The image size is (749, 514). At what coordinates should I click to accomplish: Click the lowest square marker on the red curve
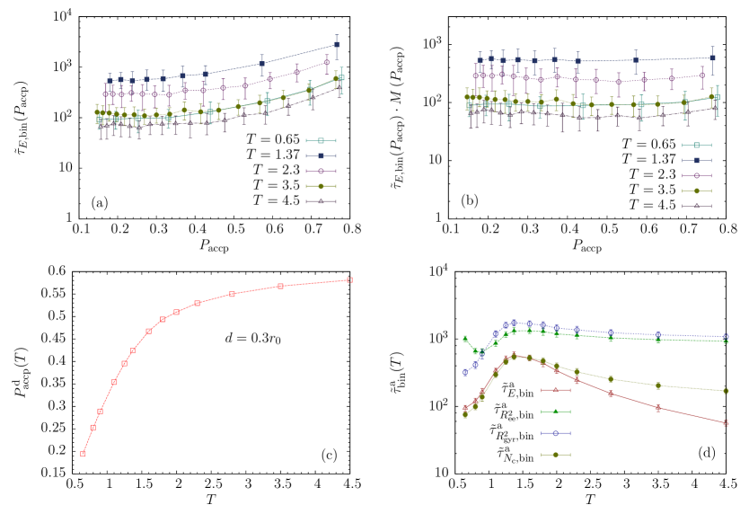point(83,454)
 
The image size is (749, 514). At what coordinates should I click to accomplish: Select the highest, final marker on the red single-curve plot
point(349,280)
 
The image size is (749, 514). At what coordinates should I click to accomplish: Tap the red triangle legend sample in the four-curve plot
point(556,390)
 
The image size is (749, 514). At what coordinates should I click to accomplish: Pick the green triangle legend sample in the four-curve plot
point(556,412)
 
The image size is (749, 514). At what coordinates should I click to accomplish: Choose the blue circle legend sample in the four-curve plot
point(556,433)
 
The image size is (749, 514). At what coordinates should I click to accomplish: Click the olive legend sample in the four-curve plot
point(556,455)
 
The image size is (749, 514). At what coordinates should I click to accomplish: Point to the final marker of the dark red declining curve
point(725,422)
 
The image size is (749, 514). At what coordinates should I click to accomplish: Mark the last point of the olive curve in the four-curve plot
point(725,391)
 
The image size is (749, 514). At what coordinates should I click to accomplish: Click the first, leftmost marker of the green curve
point(465,339)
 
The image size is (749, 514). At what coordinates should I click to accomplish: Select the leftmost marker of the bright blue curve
point(465,372)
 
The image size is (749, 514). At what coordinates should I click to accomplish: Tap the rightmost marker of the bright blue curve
point(725,337)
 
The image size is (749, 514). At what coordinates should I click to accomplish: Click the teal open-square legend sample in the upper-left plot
point(321,140)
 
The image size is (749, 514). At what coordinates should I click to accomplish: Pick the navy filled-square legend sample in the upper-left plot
point(321,155)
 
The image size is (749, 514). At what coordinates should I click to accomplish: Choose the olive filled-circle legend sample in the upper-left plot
point(321,186)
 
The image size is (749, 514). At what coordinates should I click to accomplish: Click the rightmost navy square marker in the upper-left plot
point(337,44)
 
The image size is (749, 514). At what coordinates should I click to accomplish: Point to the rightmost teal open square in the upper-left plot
point(341,78)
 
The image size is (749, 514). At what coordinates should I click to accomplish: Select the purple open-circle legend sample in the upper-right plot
point(696,175)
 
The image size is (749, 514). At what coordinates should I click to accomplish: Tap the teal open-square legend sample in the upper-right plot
point(696,145)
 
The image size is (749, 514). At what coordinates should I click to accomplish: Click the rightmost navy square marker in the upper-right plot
point(712,58)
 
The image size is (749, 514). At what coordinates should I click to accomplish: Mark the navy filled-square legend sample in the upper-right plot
point(696,160)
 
